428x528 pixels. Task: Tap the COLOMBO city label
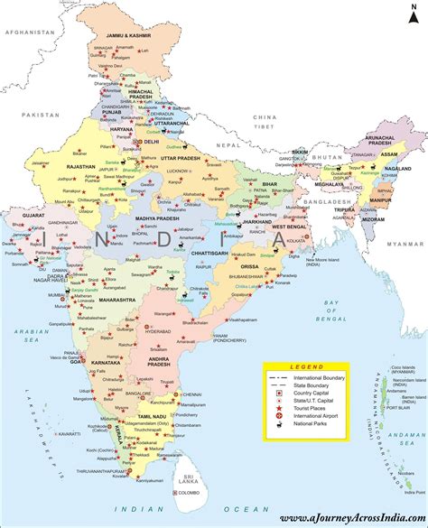coord(188,495)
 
